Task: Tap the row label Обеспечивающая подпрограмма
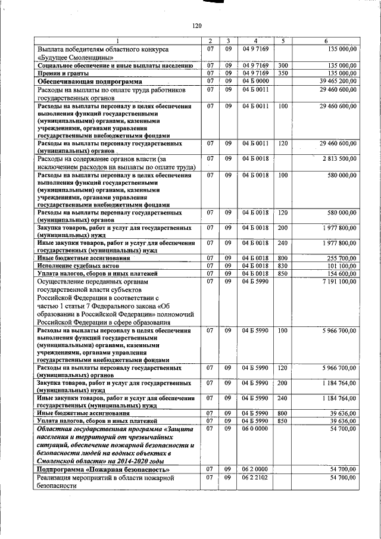point(90,80)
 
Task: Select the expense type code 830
point(283,266)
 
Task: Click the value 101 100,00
point(341,266)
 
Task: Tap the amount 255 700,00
point(341,258)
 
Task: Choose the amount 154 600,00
point(341,273)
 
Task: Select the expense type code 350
point(283,73)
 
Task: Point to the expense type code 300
point(283,65)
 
